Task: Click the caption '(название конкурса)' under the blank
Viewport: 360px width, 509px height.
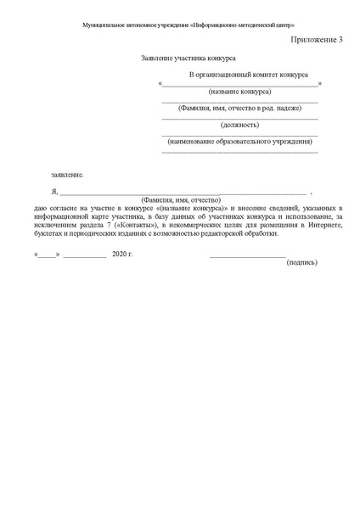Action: [x=240, y=92]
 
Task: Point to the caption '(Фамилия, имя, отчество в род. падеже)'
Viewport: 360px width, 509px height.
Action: [x=240, y=108]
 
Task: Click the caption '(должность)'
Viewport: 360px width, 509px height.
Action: [x=240, y=124]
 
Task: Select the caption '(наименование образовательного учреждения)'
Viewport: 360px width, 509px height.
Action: [x=240, y=140]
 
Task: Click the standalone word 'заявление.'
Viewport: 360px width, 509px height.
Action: [x=68, y=174]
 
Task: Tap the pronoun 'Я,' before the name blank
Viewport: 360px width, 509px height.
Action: [x=54, y=193]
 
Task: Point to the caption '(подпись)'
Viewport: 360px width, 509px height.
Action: [x=302, y=262]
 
